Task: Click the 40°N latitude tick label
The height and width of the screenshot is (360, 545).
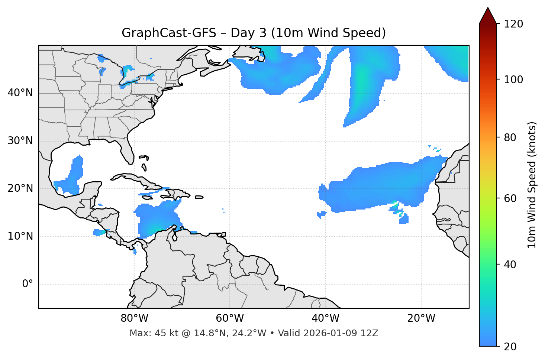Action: (20, 93)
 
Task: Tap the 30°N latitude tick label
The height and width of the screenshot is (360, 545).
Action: (20, 141)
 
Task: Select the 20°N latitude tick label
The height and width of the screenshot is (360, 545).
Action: (20, 188)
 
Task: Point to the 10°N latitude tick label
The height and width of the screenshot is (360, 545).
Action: (20, 236)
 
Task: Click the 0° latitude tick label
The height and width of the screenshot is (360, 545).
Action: (28, 284)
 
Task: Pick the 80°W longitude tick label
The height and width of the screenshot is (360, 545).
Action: (134, 318)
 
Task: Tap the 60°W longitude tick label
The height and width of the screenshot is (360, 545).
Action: (230, 318)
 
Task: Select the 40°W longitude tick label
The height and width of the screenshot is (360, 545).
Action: (325, 318)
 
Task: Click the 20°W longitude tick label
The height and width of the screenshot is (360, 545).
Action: (421, 318)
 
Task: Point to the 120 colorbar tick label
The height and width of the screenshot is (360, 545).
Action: (513, 24)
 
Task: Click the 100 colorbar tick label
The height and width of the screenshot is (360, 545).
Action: (513, 80)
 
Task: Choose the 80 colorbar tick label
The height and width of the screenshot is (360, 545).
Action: (510, 137)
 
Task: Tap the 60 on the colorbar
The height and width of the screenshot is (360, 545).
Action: (510, 198)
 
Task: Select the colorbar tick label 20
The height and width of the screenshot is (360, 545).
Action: (510, 347)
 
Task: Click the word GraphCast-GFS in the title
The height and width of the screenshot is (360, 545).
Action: (169, 33)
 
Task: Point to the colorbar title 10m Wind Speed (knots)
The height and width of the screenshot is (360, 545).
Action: (532, 185)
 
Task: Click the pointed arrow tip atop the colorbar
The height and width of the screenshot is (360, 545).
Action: (488, 9)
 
